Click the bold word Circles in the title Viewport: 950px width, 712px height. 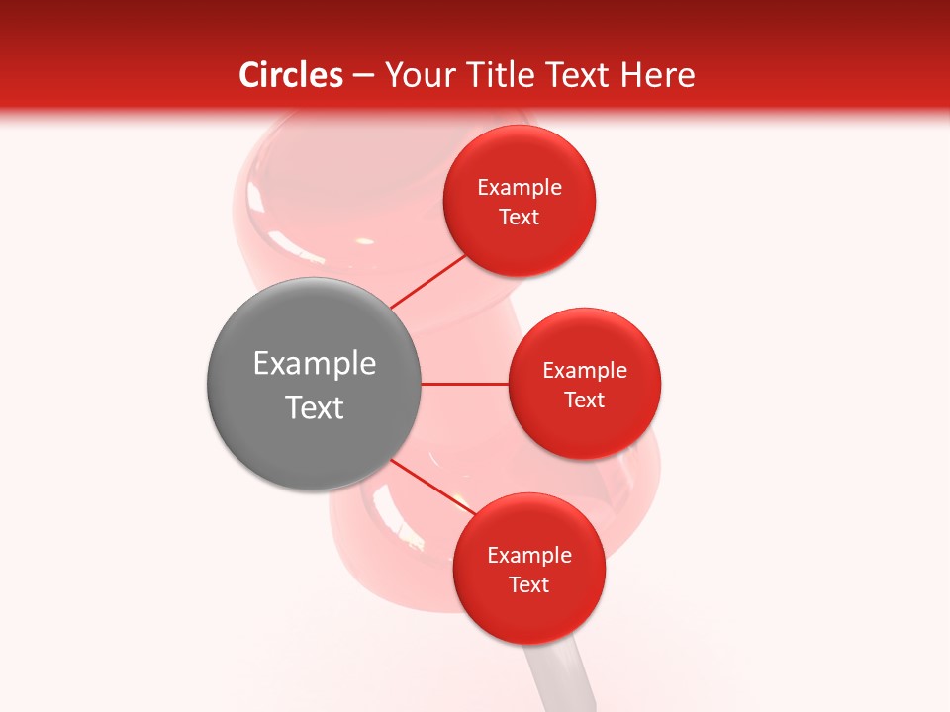(291, 75)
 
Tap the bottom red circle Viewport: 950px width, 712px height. (528, 613)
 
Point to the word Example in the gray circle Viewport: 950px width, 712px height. (315, 364)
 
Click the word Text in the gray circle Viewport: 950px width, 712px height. (315, 407)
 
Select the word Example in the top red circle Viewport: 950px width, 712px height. (520, 188)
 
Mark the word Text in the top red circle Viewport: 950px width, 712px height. (520, 218)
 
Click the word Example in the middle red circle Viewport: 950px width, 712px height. (585, 371)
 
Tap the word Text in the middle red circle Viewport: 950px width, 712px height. (585, 400)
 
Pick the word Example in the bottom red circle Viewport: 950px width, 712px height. (528, 556)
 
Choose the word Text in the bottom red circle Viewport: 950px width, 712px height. (528, 585)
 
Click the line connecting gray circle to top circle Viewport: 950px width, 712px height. (427, 281)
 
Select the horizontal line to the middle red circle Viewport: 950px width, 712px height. (464, 384)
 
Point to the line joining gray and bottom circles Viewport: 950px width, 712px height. (432, 486)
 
